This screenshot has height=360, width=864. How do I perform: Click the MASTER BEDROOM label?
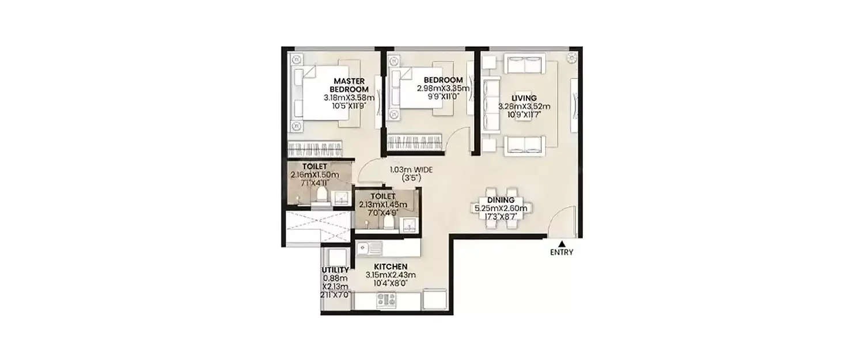pyautogui.click(x=348, y=85)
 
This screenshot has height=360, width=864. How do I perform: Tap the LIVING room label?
pyautogui.click(x=524, y=98)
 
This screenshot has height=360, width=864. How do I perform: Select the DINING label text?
pyautogui.click(x=501, y=200)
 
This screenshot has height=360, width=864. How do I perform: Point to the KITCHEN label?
pyautogui.click(x=391, y=267)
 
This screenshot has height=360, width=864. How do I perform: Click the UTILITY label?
pyautogui.click(x=335, y=270)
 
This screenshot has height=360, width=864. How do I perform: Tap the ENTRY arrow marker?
pyautogui.click(x=562, y=244)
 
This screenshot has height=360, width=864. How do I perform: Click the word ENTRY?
pyautogui.click(x=562, y=252)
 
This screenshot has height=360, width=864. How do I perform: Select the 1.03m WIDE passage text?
pyautogui.click(x=411, y=170)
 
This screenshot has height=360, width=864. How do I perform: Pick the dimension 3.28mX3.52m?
pyautogui.click(x=524, y=106)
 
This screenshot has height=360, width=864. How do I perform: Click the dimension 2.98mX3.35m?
pyautogui.click(x=444, y=88)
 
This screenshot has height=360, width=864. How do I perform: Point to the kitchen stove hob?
pyautogui.click(x=386, y=300)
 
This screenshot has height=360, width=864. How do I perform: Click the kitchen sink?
pyautogui.click(x=368, y=248)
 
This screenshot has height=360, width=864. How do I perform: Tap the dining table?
pyautogui.click(x=500, y=209)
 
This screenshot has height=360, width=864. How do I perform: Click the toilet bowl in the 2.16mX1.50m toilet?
pyautogui.click(x=321, y=195)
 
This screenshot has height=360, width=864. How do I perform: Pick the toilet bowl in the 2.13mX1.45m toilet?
pyautogui.click(x=389, y=222)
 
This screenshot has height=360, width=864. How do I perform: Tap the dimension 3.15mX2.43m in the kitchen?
pyautogui.click(x=391, y=275)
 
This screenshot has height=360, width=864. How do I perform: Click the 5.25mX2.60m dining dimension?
pyautogui.click(x=501, y=208)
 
